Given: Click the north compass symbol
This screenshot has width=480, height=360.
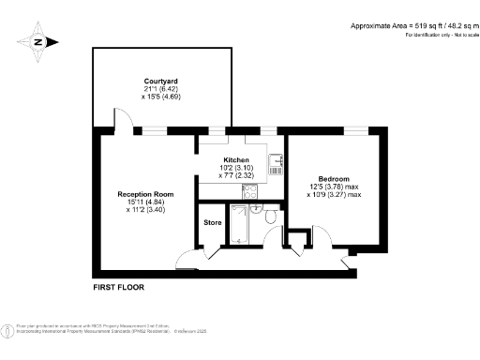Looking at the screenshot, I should point(38,41).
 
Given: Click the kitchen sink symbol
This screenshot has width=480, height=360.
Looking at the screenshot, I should point(277,164).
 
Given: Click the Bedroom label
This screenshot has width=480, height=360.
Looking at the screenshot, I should point(334,179).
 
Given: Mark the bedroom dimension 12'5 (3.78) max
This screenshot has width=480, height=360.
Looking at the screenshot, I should point(334,187).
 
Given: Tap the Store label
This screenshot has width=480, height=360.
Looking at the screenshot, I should point(213,222).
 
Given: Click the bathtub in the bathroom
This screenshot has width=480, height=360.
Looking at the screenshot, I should point(243,227).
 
